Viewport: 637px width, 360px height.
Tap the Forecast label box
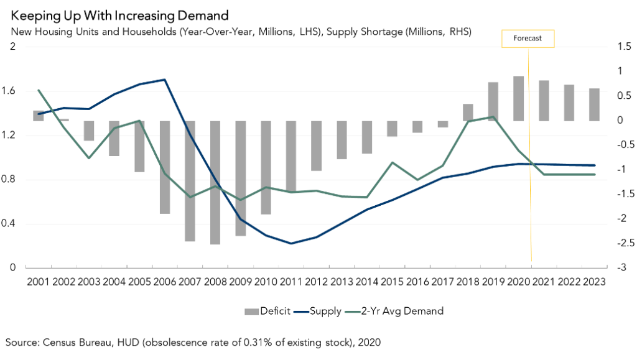[x=527, y=39]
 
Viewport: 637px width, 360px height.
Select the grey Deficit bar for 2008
[x=215, y=182]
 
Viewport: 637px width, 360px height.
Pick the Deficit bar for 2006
[x=165, y=167]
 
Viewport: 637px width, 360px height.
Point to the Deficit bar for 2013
[x=342, y=140]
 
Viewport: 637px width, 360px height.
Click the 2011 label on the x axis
[x=291, y=281]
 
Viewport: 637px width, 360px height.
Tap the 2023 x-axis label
[x=595, y=281]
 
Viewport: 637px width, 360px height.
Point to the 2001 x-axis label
[x=38, y=281]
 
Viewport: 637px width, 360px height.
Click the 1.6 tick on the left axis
[x=14, y=91]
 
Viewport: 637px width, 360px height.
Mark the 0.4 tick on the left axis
[x=14, y=224]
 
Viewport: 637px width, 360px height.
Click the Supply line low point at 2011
[x=291, y=243]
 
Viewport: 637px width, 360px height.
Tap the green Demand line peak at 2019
[x=493, y=117]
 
